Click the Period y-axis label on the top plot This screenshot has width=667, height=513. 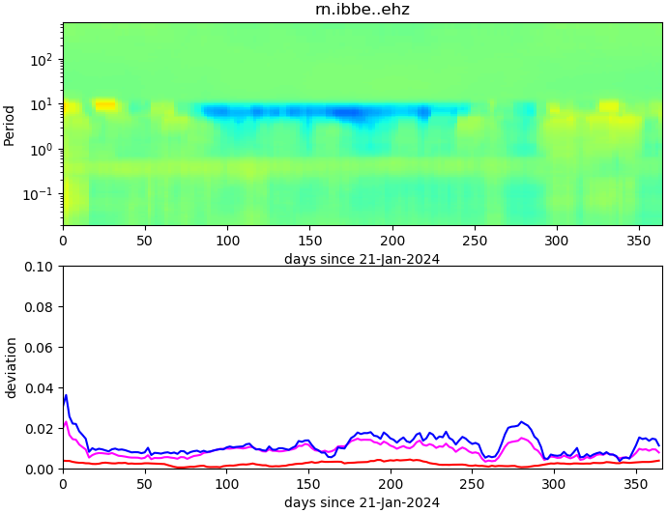click(x=10, y=125)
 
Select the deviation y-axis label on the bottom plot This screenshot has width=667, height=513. click(x=12, y=367)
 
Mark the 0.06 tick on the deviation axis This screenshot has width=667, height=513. click(x=40, y=348)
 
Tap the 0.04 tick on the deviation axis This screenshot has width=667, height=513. click(x=40, y=388)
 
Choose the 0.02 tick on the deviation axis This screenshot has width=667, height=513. click(x=40, y=429)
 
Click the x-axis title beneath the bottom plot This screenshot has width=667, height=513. click(x=362, y=502)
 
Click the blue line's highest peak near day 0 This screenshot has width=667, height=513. click(x=66, y=394)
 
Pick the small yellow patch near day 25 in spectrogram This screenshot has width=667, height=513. click(x=104, y=104)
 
